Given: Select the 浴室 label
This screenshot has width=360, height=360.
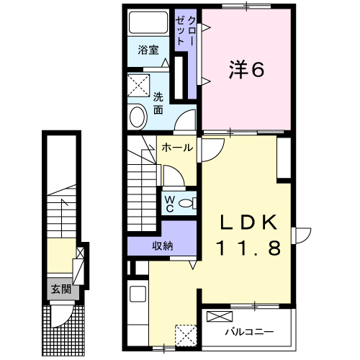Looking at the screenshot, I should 149,51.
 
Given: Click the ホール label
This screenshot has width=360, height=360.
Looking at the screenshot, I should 176,148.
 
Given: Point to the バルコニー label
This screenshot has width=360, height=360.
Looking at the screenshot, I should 248,332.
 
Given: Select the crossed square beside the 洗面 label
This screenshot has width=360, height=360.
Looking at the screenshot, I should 137,86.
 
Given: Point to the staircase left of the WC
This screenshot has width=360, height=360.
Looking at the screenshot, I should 143,180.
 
